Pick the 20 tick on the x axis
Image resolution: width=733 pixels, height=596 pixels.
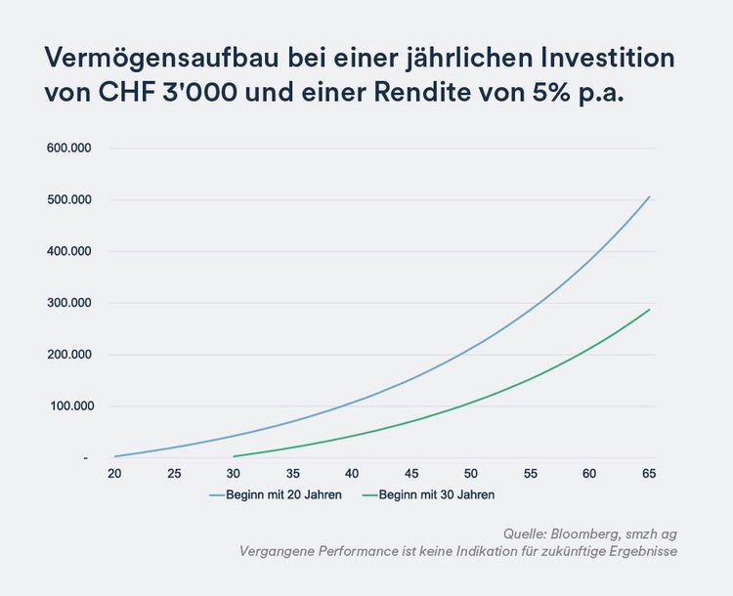pyautogui.click(x=114, y=474)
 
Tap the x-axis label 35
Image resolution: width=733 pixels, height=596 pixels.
pyautogui.click(x=292, y=474)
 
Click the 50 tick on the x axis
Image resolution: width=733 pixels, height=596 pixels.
pyautogui.click(x=471, y=474)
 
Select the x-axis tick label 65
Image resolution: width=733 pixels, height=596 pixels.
pyautogui.click(x=649, y=474)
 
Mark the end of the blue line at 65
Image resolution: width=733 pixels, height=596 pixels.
pyautogui.click(x=649, y=197)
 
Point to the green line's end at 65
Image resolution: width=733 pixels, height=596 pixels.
pyautogui.click(x=649, y=310)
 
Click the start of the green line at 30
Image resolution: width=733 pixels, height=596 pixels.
pyautogui.click(x=234, y=456)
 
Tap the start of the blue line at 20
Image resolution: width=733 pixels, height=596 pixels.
pyautogui.click(x=114, y=456)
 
